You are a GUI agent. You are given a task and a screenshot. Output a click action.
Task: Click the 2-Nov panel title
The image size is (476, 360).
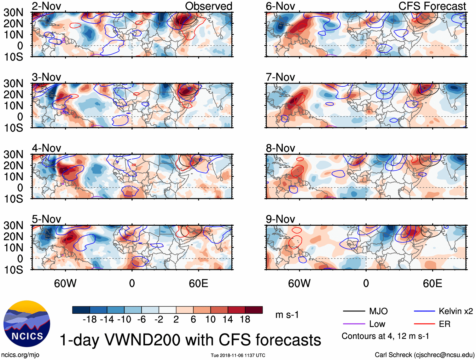[x=46, y=6]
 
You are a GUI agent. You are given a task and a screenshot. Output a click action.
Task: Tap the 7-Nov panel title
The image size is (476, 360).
[x=280, y=77]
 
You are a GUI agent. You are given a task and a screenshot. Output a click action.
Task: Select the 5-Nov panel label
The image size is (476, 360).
[x=46, y=219]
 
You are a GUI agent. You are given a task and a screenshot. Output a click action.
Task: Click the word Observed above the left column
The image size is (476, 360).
[x=208, y=6]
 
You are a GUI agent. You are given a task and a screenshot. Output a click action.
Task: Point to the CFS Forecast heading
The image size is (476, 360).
[x=432, y=6]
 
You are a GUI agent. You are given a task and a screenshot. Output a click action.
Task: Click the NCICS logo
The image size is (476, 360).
[x=26, y=324]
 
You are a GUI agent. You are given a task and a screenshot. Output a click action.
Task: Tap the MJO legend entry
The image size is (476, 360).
[x=378, y=311]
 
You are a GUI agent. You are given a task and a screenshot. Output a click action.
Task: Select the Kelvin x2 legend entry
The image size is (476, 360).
[x=456, y=311]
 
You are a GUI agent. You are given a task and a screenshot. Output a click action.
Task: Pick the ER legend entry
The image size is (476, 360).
[x=444, y=324]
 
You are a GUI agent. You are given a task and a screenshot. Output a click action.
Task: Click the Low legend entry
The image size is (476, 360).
[x=377, y=324]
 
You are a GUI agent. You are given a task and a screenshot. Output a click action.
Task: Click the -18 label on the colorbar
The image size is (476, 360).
[x=90, y=319]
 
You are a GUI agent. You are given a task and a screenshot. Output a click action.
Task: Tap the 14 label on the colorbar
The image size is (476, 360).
[x=228, y=319]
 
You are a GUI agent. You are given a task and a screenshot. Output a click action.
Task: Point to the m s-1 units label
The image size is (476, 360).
[x=287, y=315]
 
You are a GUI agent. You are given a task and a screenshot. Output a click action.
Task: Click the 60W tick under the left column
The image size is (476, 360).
[x=65, y=283]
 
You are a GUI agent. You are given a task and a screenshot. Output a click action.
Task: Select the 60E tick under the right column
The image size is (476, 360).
[x=432, y=283]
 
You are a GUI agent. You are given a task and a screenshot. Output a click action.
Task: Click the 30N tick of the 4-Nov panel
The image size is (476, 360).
[x=13, y=154]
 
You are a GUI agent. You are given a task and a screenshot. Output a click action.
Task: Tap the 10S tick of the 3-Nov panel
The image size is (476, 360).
[x=13, y=128]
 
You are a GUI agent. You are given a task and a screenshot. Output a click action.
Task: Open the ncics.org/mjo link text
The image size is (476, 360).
[x=20, y=355]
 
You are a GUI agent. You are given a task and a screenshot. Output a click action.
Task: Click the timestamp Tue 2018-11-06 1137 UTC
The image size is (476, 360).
[x=238, y=355]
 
